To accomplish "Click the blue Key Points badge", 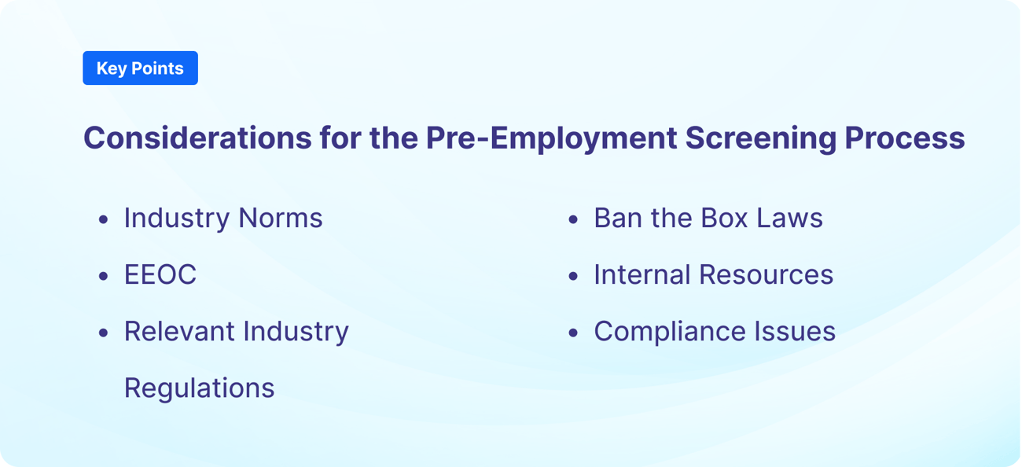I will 140,68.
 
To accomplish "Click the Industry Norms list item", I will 223,218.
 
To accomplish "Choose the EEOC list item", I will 160,274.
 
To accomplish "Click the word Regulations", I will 200,388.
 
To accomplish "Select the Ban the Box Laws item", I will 708,218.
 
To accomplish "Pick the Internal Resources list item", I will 713,274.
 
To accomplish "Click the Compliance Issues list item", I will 714,331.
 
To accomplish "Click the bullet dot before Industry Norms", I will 104,220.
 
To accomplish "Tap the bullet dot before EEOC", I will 104,277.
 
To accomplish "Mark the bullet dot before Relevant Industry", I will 104,333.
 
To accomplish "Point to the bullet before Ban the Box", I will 573,220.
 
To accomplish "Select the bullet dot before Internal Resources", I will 573,277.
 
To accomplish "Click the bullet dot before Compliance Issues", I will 573,333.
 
